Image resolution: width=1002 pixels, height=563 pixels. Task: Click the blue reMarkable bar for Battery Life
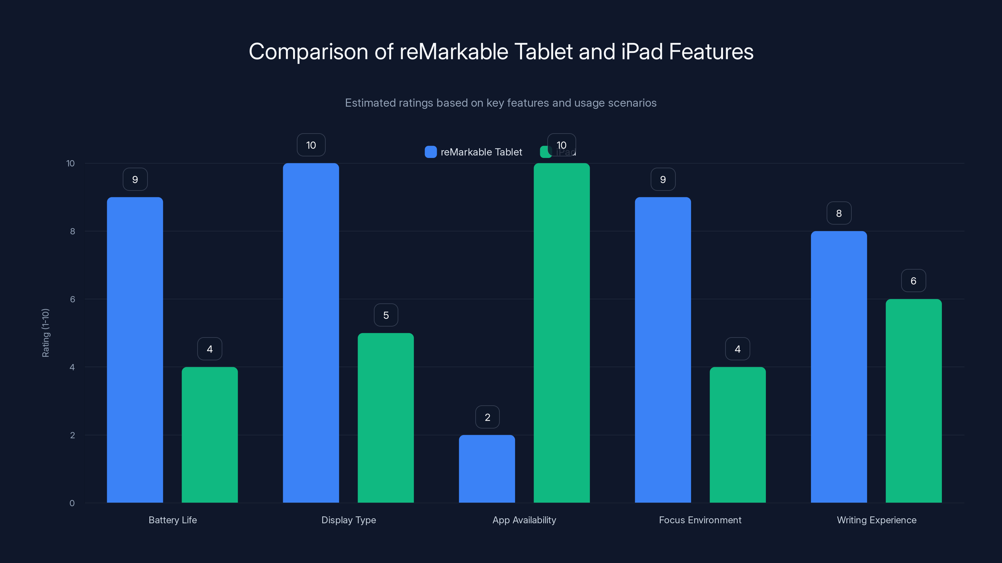(x=135, y=350)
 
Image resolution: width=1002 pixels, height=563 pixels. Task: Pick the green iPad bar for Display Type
(x=385, y=418)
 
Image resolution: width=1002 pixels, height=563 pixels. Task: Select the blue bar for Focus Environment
(x=663, y=350)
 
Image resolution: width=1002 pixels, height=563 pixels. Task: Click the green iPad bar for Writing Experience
(x=913, y=401)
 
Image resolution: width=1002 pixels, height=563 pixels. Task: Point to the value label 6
(x=913, y=281)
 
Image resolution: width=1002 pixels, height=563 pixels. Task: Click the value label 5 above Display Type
(x=386, y=315)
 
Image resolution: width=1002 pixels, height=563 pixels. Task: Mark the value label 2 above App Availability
(x=488, y=417)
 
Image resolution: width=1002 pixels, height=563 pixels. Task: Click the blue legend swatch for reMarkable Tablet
(x=431, y=152)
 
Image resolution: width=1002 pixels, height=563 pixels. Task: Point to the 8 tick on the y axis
(x=72, y=231)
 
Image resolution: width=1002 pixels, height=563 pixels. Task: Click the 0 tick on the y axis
(x=72, y=503)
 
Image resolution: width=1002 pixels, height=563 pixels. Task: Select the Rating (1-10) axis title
(x=45, y=333)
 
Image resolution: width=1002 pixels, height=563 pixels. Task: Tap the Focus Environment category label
(x=700, y=520)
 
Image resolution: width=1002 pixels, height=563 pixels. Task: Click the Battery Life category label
(x=173, y=520)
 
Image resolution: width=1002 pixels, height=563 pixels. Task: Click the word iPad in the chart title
(x=642, y=52)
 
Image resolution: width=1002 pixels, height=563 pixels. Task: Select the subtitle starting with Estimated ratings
(x=501, y=103)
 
